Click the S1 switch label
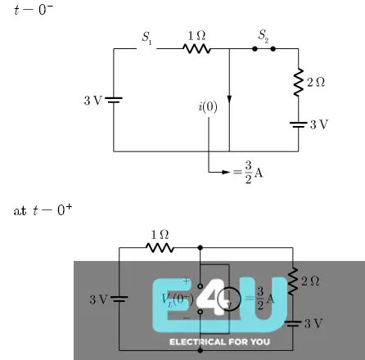[x=147, y=37]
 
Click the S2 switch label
[x=263, y=36]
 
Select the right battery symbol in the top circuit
[x=298, y=124]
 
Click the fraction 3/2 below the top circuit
[x=247, y=173]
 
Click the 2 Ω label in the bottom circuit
[x=311, y=281]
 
